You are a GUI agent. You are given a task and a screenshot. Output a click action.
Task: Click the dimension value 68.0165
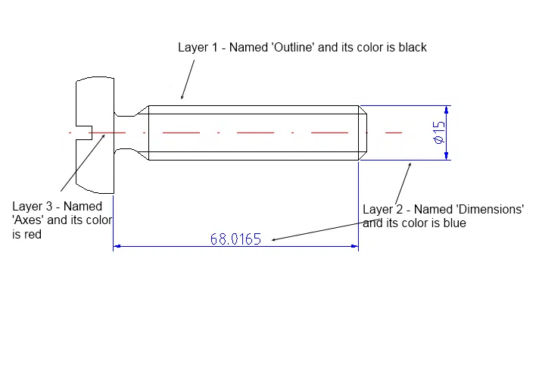point(235,239)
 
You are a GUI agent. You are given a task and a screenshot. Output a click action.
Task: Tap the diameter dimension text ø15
point(439,133)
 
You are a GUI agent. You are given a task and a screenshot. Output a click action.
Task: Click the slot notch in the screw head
point(84,133)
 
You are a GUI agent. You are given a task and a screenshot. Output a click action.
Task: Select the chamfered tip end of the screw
point(363,133)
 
